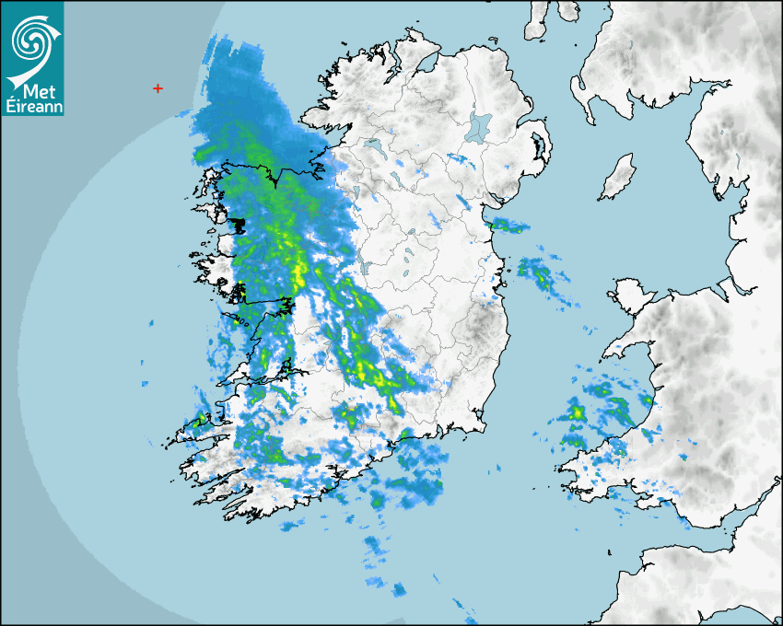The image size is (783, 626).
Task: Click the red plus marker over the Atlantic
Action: (x=158, y=88)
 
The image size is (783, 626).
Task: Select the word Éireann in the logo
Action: (x=32, y=106)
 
